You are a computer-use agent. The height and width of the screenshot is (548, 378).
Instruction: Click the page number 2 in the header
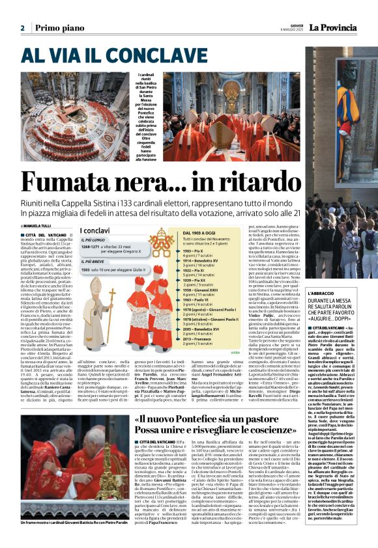point(22,28)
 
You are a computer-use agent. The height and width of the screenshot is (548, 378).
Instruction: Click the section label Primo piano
point(57,28)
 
